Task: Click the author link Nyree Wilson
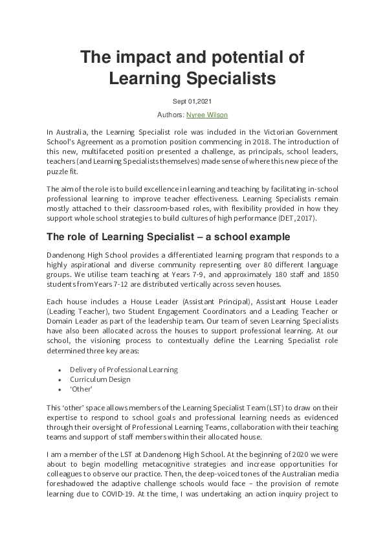click(x=207, y=115)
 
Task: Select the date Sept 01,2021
click(x=192, y=101)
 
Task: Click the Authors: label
click(x=171, y=115)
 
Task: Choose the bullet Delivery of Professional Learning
click(x=124, y=370)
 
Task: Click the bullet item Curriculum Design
click(x=100, y=379)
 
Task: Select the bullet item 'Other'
click(x=82, y=389)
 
